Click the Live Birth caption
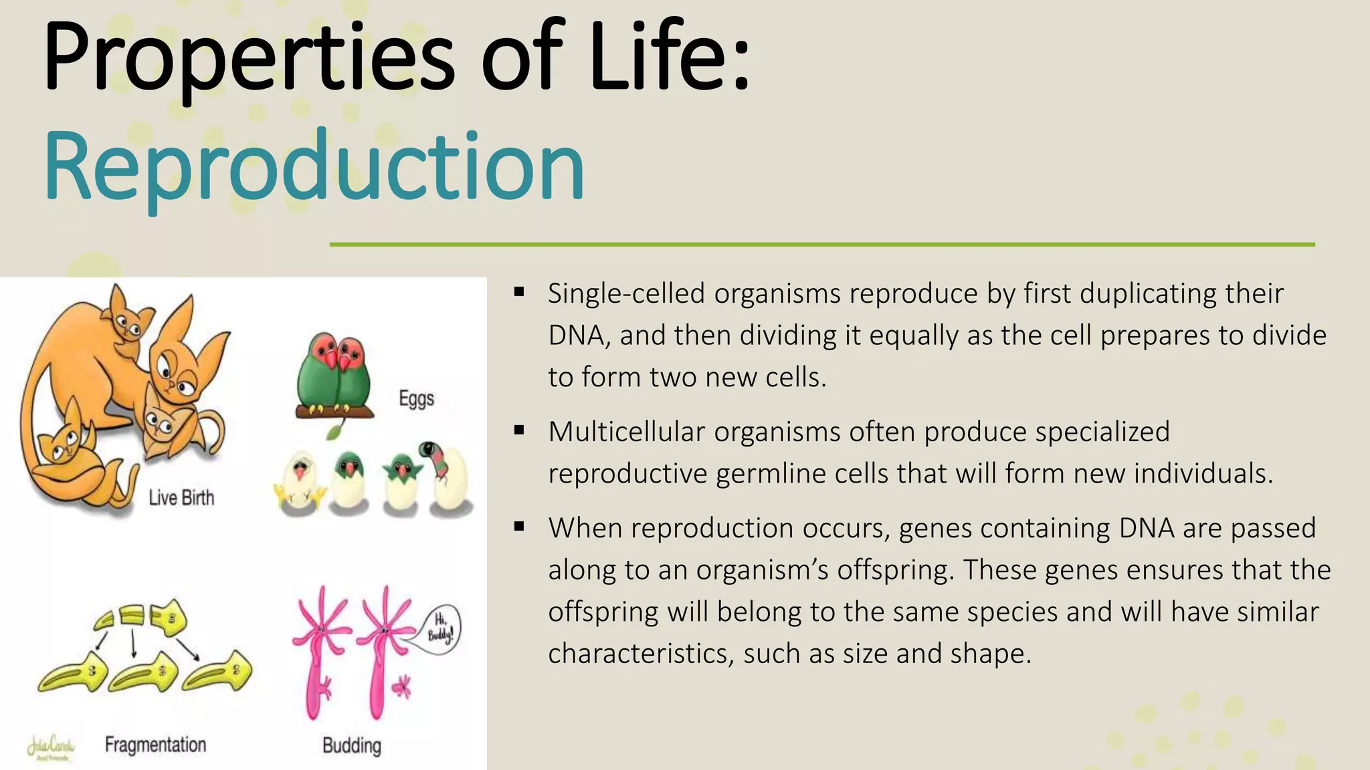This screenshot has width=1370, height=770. click(x=181, y=498)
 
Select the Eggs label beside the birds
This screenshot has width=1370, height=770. click(x=416, y=398)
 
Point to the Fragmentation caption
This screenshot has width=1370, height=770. click(x=155, y=745)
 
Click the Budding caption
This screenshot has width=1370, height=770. click(x=352, y=745)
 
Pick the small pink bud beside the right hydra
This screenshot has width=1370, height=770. click(x=401, y=686)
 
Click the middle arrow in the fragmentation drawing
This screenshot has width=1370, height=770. click(x=133, y=643)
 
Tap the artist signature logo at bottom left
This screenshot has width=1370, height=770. click(x=51, y=747)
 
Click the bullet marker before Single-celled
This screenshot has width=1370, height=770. click(x=519, y=292)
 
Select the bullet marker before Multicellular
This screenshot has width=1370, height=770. click(x=519, y=430)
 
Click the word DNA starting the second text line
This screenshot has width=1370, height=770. click(x=577, y=336)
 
